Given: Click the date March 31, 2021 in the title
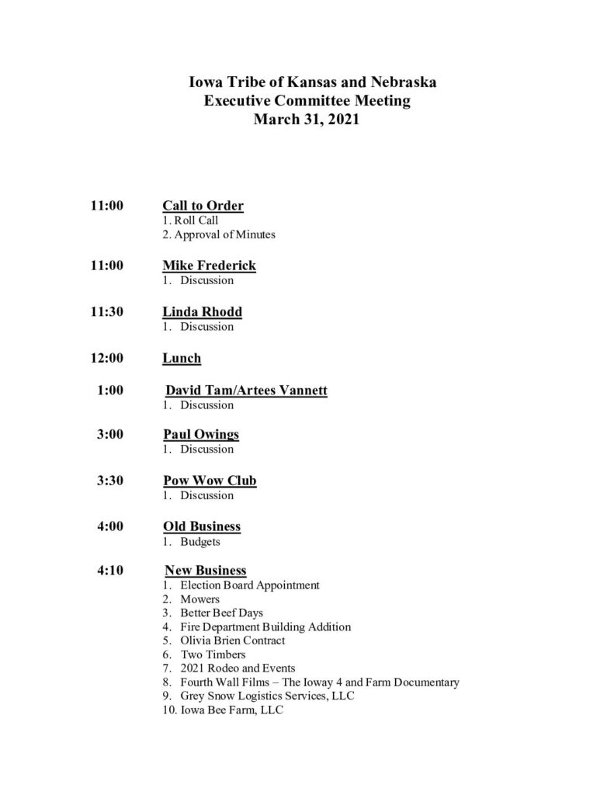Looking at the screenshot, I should point(307,120).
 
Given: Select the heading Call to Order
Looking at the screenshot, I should point(203,206).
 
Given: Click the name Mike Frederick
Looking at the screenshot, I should point(209,266).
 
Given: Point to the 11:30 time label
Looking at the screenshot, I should point(107,312).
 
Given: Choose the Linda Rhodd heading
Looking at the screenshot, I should point(202,312).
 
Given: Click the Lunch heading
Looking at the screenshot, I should point(182,358).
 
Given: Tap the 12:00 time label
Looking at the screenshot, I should point(107,358).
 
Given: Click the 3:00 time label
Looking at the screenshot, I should point(110,435).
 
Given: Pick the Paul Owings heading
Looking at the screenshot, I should point(201,435).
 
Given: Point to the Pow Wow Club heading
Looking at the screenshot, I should point(210,481).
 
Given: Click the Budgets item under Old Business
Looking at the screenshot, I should point(200,541).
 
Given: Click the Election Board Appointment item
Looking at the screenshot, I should point(249,585).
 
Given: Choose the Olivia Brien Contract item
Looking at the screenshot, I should point(232,641).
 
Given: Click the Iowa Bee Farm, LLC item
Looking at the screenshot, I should point(231,710).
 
